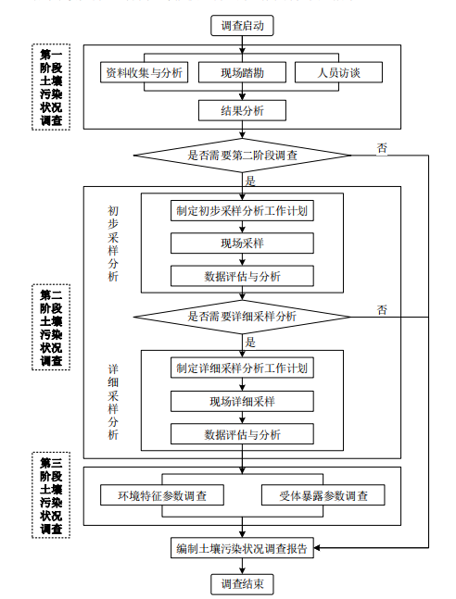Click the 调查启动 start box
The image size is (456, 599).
point(243,26)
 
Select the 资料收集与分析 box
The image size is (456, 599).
point(144,72)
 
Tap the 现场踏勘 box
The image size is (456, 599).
point(243,72)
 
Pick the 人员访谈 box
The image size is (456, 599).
point(340,72)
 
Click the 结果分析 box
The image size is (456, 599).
point(243,110)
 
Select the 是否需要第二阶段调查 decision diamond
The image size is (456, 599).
point(243,155)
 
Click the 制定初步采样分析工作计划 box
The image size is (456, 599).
point(243,210)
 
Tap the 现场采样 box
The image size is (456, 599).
point(243,243)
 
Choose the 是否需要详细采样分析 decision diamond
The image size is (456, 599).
point(243,317)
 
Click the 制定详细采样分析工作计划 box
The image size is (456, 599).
point(243,368)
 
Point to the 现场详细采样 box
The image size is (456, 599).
point(243,401)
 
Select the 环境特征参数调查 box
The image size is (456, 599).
point(163,495)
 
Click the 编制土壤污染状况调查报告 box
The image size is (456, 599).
point(243,549)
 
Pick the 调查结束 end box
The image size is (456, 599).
point(243,584)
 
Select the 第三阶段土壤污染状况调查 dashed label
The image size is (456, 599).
point(51,496)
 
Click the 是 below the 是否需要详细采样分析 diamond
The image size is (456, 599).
point(250,341)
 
